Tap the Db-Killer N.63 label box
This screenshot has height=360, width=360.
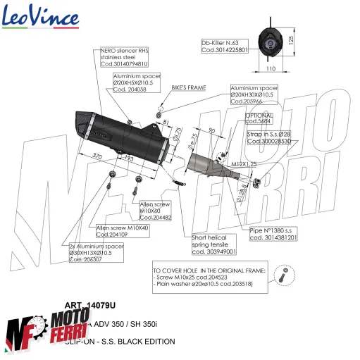[x=226, y=46]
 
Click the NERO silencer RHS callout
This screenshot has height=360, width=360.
[x=125, y=57]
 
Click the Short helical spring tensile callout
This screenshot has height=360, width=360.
[x=214, y=244]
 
